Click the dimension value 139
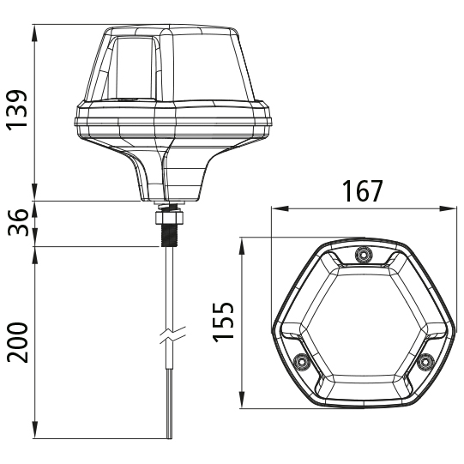tap(18, 111)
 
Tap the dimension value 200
tap(18, 341)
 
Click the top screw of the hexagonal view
tap(362, 255)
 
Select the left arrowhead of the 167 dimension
tap(274, 208)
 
